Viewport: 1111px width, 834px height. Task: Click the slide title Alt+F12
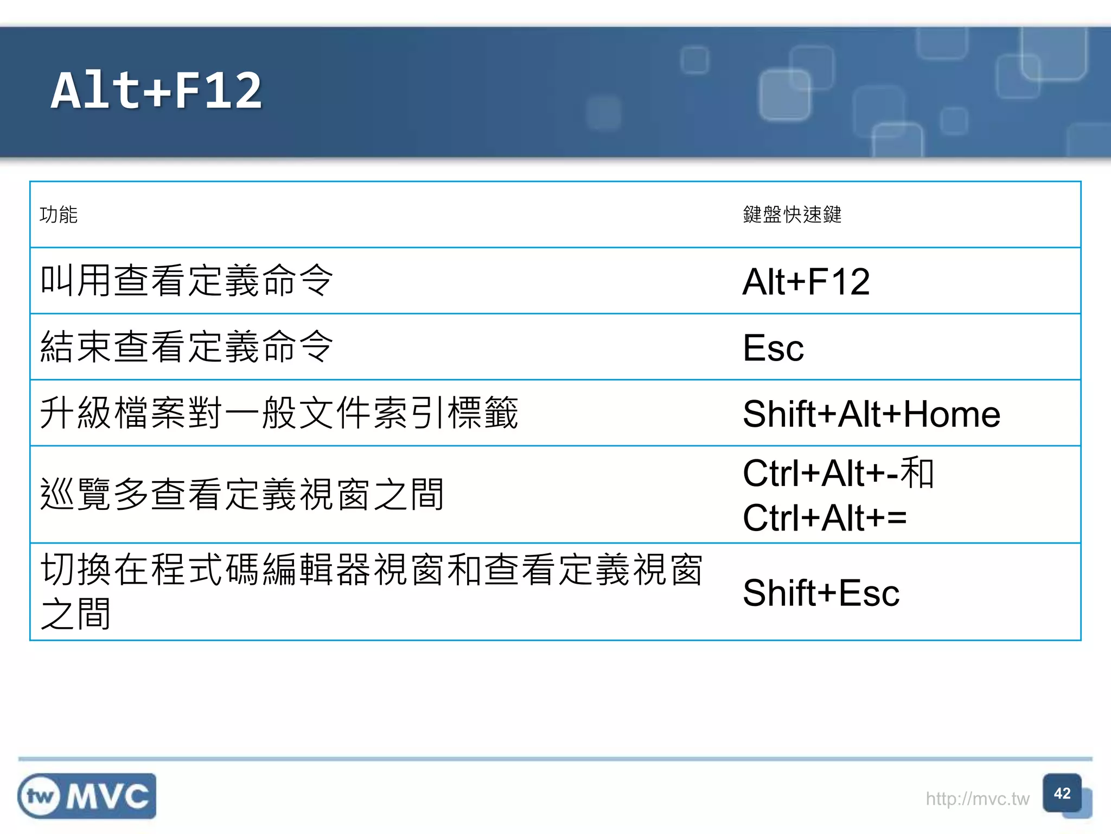click(156, 91)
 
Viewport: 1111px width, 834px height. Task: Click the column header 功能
click(59, 215)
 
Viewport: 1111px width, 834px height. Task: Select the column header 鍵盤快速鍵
click(792, 215)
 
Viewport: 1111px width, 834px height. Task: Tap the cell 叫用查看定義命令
click(187, 281)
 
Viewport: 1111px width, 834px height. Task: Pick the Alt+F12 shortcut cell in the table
click(806, 282)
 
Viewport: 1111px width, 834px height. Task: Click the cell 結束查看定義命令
click(187, 347)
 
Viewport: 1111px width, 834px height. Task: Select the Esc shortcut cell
click(773, 348)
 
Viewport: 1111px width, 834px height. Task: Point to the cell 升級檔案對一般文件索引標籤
click(279, 413)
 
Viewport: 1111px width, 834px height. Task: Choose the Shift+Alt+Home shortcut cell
click(871, 414)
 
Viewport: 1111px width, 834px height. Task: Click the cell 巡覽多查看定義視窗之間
click(242, 495)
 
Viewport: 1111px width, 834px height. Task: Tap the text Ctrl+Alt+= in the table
click(825, 517)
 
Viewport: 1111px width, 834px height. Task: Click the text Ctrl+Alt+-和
click(838, 473)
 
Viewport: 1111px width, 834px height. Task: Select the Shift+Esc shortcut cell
click(821, 592)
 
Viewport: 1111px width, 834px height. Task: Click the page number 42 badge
click(1062, 794)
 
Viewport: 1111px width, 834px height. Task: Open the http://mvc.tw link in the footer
click(977, 799)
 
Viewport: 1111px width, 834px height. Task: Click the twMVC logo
click(87, 796)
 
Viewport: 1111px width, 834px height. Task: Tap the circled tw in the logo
click(40, 797)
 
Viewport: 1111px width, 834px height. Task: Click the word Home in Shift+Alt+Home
click(952, 414)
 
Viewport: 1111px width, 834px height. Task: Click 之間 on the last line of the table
click(76, 614)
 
